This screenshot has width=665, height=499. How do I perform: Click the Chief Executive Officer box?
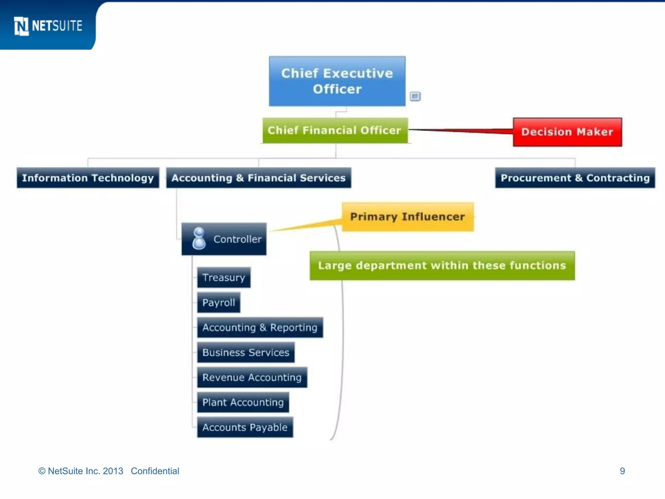[x=337, y=81]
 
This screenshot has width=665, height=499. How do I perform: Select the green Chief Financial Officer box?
[x=335, y=130]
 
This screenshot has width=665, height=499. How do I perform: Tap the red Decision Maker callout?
[x=567, y=132]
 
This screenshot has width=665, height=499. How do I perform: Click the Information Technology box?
[x=88, y=178]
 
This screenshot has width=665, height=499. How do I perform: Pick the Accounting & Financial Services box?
[x=258, y=178]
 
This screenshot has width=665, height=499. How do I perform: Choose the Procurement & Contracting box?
[x=575, y=178]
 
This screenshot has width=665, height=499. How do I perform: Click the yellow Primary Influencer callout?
[x=408, y=217]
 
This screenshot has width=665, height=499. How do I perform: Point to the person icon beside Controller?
[x=199, y=239]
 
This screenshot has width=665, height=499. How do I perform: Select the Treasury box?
[x=224, y=277]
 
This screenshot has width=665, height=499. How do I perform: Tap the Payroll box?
[x=219, y=302]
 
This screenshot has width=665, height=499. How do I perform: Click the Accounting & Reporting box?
[x=260, y=327]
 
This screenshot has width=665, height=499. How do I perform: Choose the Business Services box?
[x=246, y=352]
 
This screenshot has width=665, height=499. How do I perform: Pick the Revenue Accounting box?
[x=252, y=377]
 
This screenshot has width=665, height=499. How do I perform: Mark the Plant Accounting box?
[x=243, y=403]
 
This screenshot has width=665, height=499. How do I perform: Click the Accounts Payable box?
[x=245, y=427]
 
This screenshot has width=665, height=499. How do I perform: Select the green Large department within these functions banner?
[x=442, y=265]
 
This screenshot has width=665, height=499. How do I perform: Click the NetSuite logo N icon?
[x=21, y=26]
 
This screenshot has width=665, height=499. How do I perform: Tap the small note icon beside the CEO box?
[x=415, y=96]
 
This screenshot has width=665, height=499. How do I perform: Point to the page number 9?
[x=622, y=471]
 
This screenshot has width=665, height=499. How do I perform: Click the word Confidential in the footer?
[x=155, y=471]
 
